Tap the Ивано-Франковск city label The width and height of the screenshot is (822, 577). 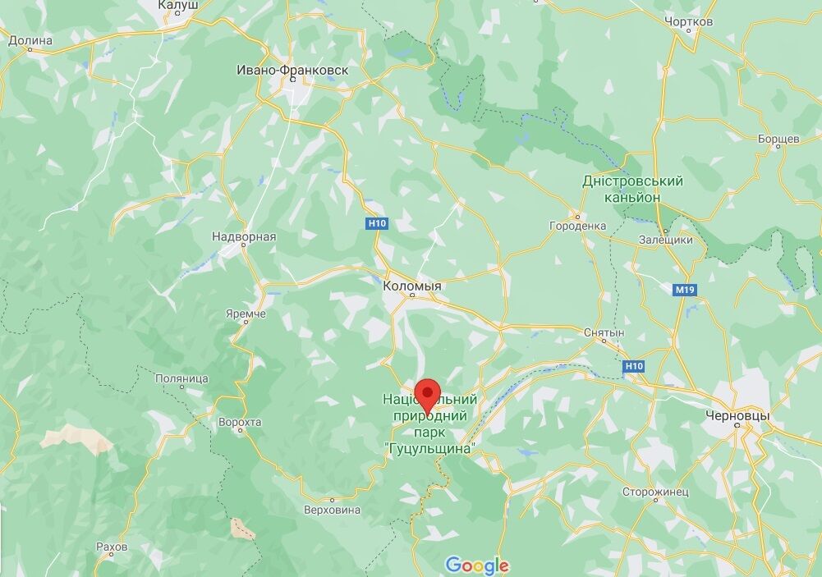point(292,71)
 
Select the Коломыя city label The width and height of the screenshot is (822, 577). point(412,286)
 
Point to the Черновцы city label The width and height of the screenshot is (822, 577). point(737,416)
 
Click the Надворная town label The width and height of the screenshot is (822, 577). point(244,237)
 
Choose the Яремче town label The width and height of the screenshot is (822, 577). point(246,314)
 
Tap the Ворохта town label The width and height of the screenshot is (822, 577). point(240,422)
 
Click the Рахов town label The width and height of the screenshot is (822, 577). point(112,547)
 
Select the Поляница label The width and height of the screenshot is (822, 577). point(181,378)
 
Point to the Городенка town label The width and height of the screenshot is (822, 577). point(578,226)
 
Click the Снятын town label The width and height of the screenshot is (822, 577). point(604,333)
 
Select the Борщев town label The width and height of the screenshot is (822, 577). point(779,140)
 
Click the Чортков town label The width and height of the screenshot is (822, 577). point(689,22)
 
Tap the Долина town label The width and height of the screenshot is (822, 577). point(30,40)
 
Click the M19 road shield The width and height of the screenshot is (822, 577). point(683,291)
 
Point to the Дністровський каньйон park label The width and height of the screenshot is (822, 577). point(632,189)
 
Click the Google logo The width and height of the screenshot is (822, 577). point(477,565)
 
